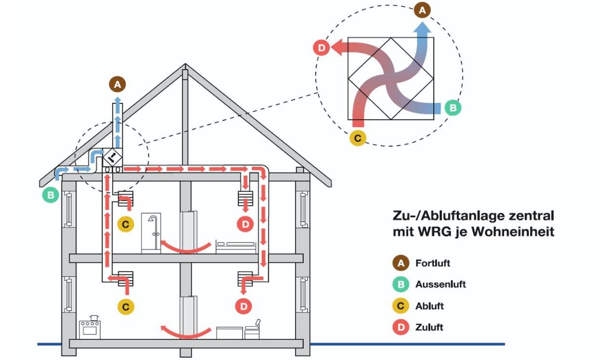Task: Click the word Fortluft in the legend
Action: (432, 263)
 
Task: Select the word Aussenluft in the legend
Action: (440, 284)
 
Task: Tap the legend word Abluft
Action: (430, 306)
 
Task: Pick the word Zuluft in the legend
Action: (429, 327)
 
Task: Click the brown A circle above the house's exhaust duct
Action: (117, 85)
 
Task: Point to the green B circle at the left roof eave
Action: (50, 195)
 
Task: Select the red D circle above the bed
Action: (245, 224)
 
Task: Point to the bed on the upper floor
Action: (235, 246)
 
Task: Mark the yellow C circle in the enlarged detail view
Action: (357, 138)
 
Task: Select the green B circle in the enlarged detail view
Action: (452, 107)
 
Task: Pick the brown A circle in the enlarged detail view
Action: (422, 10)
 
